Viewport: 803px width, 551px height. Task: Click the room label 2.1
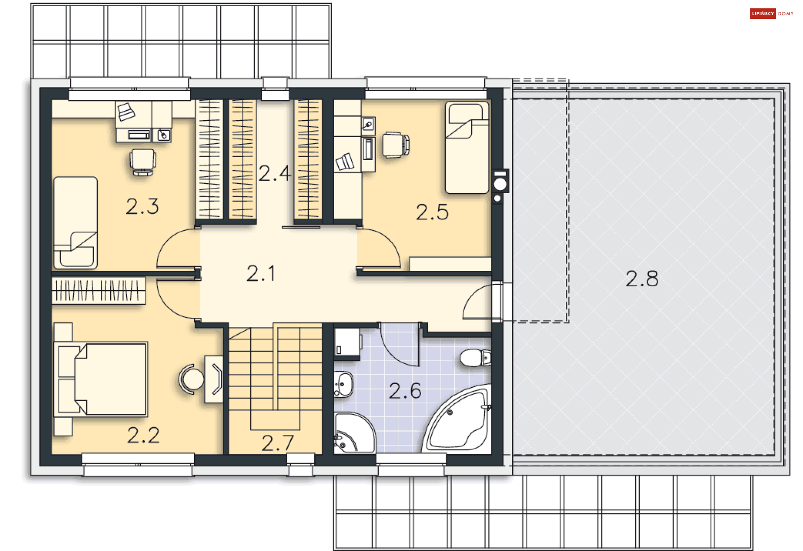(x=261, y=273)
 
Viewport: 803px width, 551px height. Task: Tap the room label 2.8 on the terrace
(x=642, y=278)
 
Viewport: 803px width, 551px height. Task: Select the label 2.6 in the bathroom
(x=405, y=391)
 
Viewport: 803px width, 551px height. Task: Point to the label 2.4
(x=275, y=173)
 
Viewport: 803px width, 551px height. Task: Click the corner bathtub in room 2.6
(x=458, y=420)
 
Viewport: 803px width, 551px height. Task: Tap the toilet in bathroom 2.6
(x=475, y=358)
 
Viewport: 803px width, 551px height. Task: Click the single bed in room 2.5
(x=467, y=148)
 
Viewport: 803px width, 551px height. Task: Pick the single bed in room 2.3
(x=75, y=222)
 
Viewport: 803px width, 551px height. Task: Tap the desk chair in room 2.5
(x=396, y=145)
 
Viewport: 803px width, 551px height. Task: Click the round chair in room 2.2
(x=192, y=379)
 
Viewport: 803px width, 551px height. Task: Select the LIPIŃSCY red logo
(x=763, y=14)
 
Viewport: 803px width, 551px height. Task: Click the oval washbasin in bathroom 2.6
(x=343, y=384)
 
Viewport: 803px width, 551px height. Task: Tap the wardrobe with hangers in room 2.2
(x=99, y=290)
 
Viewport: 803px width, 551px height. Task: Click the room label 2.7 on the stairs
(x=278, y=443)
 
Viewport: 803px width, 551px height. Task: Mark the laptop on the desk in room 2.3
(x=126, y=112)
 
